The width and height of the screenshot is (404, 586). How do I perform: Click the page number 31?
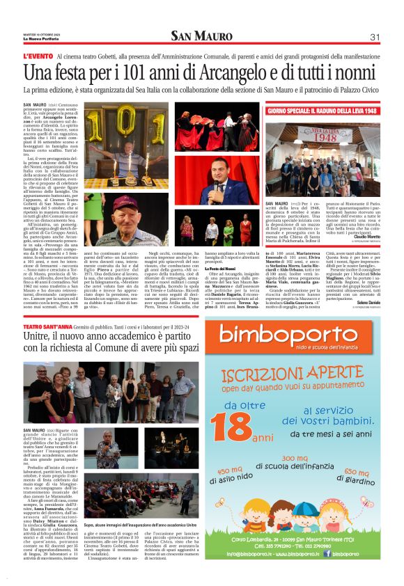[x=374, y=37]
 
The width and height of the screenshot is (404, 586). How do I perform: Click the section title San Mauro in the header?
[x=202, y=36]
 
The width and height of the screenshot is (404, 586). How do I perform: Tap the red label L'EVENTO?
[x=37, y=56]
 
